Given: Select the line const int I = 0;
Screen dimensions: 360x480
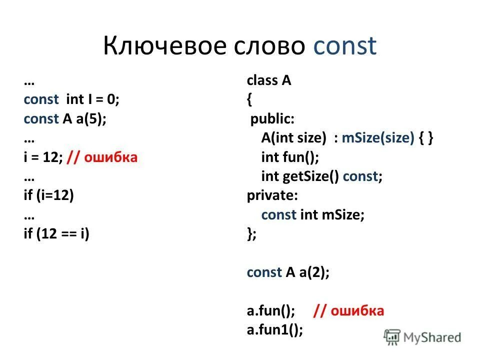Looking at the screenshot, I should (x=71, y=100).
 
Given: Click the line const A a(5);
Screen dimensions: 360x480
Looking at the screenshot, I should (x=65, y=119).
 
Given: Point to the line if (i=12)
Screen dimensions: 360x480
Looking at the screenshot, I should (x=48, y=195).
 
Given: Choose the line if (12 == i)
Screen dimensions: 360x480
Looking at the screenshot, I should (x=56, y=233).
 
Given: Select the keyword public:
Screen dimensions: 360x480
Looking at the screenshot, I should (x=272, y=119).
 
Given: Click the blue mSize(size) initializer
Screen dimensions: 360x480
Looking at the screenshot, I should (x=378, y=138).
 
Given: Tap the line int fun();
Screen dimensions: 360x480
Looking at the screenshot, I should (x=290, y=157).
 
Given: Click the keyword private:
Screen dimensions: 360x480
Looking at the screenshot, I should (x=270, y=195).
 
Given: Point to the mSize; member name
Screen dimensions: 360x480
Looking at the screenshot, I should (x=343, y=215).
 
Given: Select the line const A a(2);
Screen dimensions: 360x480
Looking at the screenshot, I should (x=288, y=272).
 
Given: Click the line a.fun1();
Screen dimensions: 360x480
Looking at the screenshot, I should (x=275, y=330).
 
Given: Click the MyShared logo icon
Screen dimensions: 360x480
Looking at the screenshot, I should (x=392, y=338).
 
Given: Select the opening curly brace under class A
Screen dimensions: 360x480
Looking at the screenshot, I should (x=249, y=100).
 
